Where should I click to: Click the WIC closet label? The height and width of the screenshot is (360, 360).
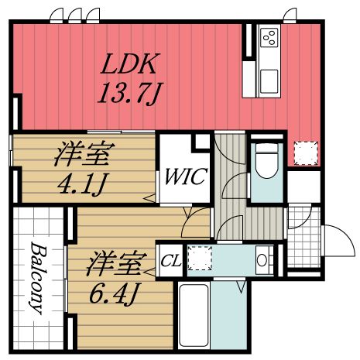(184, 177)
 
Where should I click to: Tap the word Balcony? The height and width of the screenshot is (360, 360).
(36, 278)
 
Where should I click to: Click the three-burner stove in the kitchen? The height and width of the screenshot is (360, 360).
(269, 37)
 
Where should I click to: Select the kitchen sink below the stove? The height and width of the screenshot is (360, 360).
(269, 80)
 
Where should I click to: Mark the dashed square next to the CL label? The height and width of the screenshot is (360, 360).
(199, 257)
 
